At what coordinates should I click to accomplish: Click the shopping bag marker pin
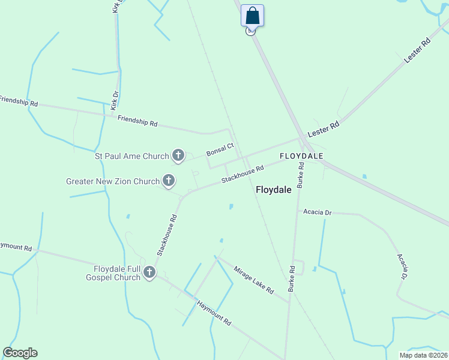tap(253, 16)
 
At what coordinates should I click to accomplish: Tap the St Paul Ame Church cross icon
tap(178, 156)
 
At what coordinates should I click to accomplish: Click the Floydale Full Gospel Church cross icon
tap(149, 273)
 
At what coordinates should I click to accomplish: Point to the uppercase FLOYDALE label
tap(301, 156)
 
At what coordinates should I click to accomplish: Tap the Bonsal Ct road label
tap(220, 149)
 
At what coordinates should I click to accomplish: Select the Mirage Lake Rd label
tap(253, 280)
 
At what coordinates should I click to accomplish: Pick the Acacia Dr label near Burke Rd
tap(318, 212)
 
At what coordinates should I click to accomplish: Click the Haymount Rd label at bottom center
tap(214, 313)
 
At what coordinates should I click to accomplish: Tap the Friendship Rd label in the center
tap(137, 121)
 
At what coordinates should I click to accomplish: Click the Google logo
tap(20, 353)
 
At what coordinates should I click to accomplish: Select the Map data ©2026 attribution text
tap(423, 355)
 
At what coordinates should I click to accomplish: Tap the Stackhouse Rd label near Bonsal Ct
tap(243, 175)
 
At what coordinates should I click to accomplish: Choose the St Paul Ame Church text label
tap(132, 157)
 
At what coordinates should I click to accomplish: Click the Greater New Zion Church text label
tap(113, 181)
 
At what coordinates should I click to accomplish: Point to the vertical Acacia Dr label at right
tap(401, 266)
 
